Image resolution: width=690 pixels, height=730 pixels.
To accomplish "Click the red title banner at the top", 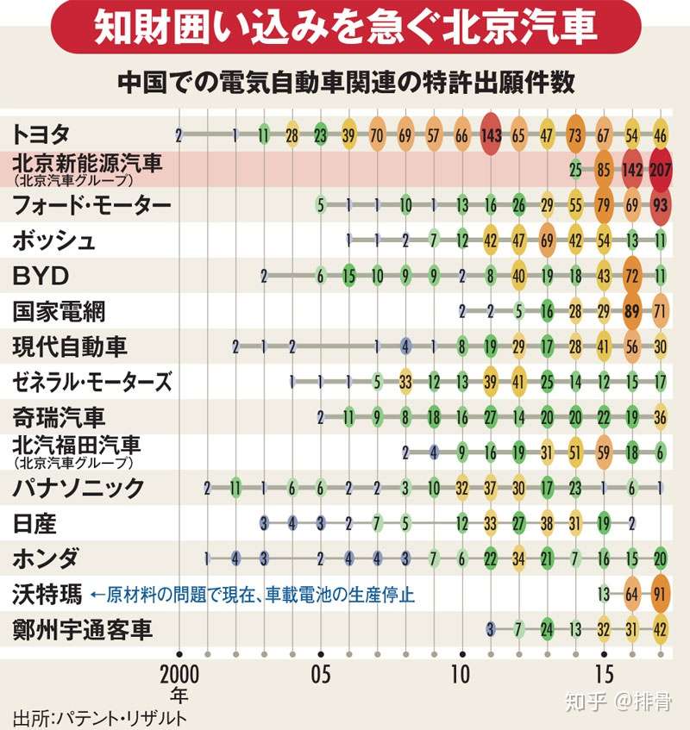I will pos(345,28).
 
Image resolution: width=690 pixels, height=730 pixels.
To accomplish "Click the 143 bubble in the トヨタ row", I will pos(491,134).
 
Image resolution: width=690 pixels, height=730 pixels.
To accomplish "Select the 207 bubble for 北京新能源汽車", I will pos(661,170).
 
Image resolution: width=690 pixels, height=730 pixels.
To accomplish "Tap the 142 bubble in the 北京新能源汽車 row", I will pos(632,170).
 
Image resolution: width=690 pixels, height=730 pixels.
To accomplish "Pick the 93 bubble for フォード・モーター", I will pos(661,205).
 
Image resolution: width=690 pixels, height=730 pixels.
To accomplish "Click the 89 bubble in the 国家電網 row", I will pos(632,311).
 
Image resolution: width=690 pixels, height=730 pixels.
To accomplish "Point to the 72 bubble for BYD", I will pos(632,276).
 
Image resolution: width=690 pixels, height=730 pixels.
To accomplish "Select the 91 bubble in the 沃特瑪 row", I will pos(661,594).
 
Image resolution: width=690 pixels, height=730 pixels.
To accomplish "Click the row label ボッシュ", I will pos(53,240).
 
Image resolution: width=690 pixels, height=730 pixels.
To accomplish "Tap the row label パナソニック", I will pos(78,488).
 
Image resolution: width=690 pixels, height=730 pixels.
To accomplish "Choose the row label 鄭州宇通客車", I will pos(83,630).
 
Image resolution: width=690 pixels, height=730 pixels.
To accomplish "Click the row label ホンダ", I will pos(47,558).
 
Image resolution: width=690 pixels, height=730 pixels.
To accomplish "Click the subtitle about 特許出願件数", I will pos(345,83).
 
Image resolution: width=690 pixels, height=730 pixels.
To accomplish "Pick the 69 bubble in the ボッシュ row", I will pos(547,240).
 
